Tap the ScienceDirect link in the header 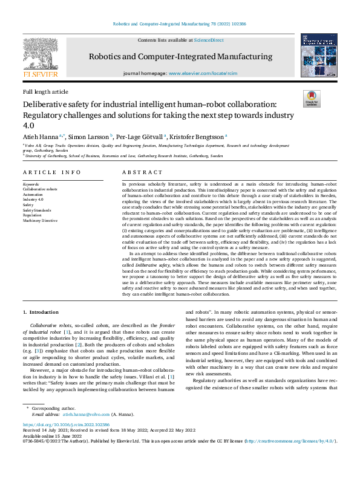point(209,40)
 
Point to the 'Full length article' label point(45,91)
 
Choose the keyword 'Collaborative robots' point(41,189)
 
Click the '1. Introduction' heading point(41,311)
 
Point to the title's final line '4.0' point(28,125)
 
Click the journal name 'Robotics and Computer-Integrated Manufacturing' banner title point(180,56)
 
